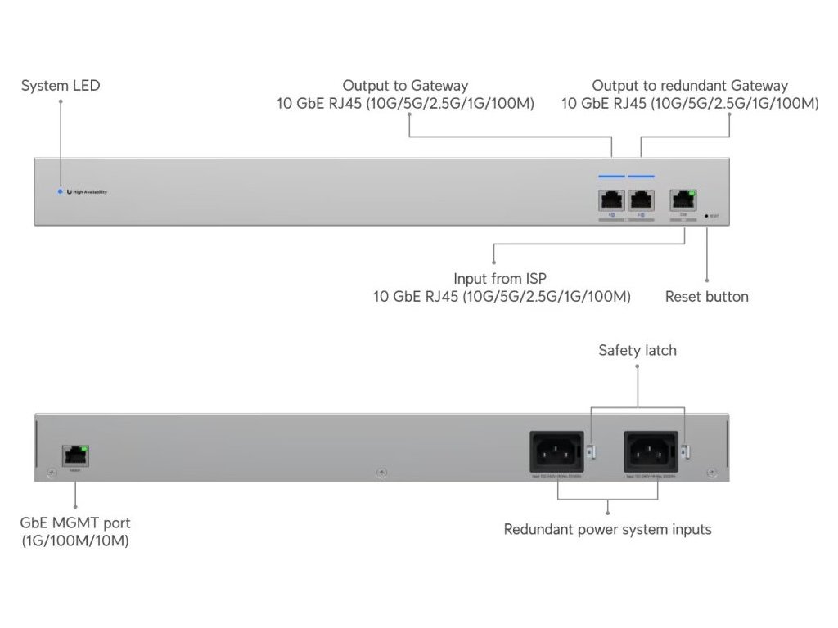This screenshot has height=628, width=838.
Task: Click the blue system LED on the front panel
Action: [60, 191]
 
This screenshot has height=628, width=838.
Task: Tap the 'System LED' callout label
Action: [61, 85]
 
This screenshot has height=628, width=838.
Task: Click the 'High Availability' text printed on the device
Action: [90, 192]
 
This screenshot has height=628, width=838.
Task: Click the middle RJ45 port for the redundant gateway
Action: [641, 200]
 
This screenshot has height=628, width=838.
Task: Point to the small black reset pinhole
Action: [706, 217]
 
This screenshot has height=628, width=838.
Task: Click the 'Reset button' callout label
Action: [706, 296]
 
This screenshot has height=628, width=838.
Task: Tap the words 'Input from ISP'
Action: [500, 279]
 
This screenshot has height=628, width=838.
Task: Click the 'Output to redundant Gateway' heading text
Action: [690, 85]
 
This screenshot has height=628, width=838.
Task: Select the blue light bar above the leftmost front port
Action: [611, 176]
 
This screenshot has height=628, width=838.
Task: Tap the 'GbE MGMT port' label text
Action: [75, 523]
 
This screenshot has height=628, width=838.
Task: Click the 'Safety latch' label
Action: [638, 350]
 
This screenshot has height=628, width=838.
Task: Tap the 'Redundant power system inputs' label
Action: [607, 529]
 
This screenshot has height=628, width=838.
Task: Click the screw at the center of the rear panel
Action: [381, 473]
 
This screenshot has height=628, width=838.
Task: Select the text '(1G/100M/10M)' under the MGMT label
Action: [75, 541]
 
